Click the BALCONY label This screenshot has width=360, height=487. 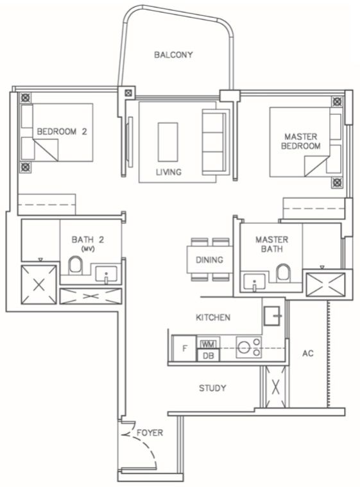coord(173,55)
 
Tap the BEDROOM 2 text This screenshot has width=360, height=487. coord(62,132)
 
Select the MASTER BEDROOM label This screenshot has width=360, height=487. coord(301,141)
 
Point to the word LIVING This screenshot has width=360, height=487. coord(168,172)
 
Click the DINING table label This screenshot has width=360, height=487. coord(209,260)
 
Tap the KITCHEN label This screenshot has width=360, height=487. coord(213,318)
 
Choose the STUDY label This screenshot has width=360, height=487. coord(212,388)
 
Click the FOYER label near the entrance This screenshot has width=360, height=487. coord(150,432)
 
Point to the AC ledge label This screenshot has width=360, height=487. coord(308,353)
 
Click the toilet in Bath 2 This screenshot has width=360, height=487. coord(76,265)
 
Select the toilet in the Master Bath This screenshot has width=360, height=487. coord(282,273)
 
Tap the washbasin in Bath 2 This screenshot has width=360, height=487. coord(107,274)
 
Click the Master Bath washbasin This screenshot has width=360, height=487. coord(254,282)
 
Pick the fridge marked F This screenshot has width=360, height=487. coord(185,348)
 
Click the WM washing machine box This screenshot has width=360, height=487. coord(208,343)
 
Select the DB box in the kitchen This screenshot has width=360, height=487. coord(208,355)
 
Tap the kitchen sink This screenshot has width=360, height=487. coord(272,316)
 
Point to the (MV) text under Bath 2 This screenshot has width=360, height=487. coord(88,249)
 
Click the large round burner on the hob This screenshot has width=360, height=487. coord(244,347)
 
